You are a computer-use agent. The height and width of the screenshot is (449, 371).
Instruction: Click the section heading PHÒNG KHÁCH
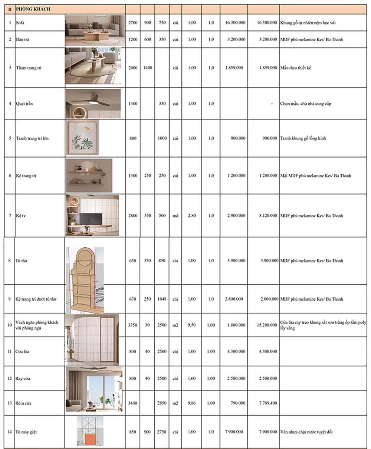click(x=33, y=9)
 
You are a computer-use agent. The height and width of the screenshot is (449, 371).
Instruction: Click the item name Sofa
click(x=20, y=23)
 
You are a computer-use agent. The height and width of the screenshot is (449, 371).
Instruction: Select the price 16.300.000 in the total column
click(x=267, y=23)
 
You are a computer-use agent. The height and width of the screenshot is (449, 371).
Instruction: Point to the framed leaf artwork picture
click(x=82, y=138)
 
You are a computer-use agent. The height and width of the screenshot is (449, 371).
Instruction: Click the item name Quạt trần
click(x=24, y=104)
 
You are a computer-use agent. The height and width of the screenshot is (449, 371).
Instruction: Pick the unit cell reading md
click(x=175, y=216)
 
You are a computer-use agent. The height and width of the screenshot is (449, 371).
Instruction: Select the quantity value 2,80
click(x=192, y=216)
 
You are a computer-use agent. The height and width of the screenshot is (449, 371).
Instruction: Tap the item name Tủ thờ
click(x=22, y=261)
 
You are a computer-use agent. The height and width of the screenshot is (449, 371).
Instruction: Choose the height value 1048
click(x=162, y=299)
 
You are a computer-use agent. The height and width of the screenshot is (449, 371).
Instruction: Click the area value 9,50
click(x=192, y=325)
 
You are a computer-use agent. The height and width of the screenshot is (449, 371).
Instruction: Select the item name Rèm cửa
click(x=23, y=403)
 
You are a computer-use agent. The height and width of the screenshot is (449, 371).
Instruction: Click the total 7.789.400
click(x=266, y=403)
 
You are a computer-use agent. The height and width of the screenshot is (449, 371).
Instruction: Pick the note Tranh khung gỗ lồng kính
click(x=303, y=138)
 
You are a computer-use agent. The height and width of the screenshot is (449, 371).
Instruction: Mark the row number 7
click(x=10, y=216)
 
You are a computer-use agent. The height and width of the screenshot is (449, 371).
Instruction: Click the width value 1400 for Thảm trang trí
click(x=147, y=68)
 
